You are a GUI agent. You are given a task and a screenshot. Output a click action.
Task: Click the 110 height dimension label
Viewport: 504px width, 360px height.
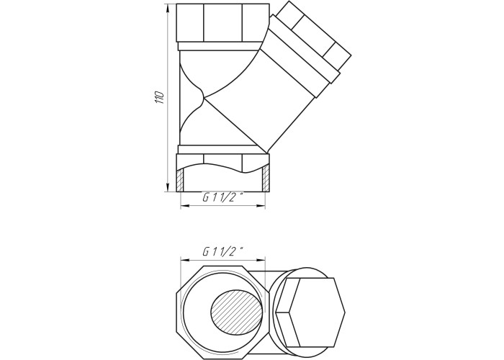(x=160, y=97)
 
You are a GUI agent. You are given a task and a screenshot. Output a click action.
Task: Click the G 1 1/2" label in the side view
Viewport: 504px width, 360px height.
(x=222, y=197)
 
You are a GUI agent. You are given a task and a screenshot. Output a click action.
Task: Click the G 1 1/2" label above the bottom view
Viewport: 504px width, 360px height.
(x=222, y=251)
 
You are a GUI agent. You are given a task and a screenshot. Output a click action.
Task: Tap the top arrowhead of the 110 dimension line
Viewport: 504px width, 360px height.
(x=168, y=9)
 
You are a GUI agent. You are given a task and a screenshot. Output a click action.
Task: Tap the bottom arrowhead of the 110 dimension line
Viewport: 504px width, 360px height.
(x=168, y=186)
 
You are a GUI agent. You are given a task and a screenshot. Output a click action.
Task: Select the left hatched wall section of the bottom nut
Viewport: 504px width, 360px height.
(x=180, y=180)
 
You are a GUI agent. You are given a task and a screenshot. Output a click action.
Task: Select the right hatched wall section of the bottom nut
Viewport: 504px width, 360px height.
(x=266, y=179)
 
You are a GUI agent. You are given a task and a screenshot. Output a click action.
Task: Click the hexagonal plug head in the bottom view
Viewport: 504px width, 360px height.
(x=310, y=312)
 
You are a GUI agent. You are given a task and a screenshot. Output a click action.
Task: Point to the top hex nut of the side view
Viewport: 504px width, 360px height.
(x=223, y=23)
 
